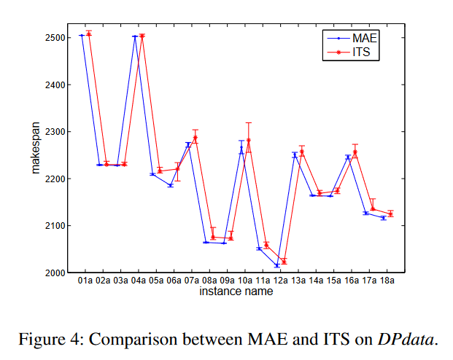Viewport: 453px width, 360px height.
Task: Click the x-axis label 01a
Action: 85,280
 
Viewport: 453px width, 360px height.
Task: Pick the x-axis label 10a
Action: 245,280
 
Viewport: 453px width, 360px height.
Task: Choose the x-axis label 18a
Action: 387,280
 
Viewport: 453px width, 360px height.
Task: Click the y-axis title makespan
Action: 36,154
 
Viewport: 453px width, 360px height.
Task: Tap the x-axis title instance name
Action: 236,291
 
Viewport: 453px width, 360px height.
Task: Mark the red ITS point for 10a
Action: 249,140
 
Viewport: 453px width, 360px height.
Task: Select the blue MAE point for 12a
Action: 277,265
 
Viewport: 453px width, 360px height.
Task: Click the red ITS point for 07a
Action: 195,138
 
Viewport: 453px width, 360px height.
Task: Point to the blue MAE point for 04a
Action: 135,36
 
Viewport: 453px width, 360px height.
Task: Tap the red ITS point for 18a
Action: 391,214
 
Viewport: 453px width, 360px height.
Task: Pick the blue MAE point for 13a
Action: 295,154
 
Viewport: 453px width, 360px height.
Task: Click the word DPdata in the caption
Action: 406,338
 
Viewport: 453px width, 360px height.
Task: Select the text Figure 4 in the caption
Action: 46,338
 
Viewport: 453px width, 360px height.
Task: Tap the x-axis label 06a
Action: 174,280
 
